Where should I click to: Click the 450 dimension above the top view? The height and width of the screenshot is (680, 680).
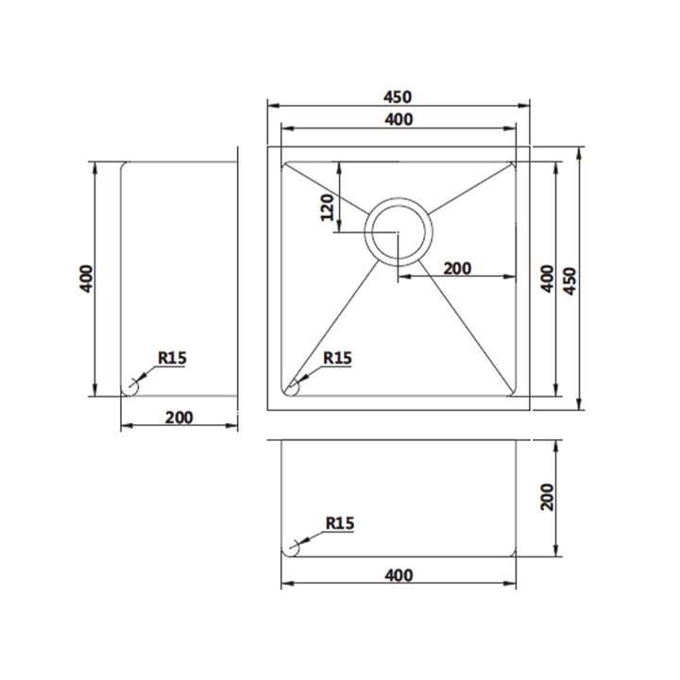point(398,96)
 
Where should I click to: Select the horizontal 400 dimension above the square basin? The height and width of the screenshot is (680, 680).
point(398,119)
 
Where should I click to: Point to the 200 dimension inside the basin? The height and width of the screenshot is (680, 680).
point(457,268)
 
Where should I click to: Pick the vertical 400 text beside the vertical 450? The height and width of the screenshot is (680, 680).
point(545,280)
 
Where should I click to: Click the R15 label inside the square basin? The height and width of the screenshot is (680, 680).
point(337,358)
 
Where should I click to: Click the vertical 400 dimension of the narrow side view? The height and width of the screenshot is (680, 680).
point(86,279)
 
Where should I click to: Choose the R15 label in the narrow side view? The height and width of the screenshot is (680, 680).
point(173,358)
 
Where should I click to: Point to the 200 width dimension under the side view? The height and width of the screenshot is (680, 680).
point(178,418)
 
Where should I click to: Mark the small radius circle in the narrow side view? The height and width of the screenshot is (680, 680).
point(130,387)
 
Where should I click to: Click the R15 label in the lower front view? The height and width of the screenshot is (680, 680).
point(339,521)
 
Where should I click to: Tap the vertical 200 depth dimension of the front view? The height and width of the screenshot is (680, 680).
point(547,497)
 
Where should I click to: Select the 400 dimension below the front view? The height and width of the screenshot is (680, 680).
point(399,574)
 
